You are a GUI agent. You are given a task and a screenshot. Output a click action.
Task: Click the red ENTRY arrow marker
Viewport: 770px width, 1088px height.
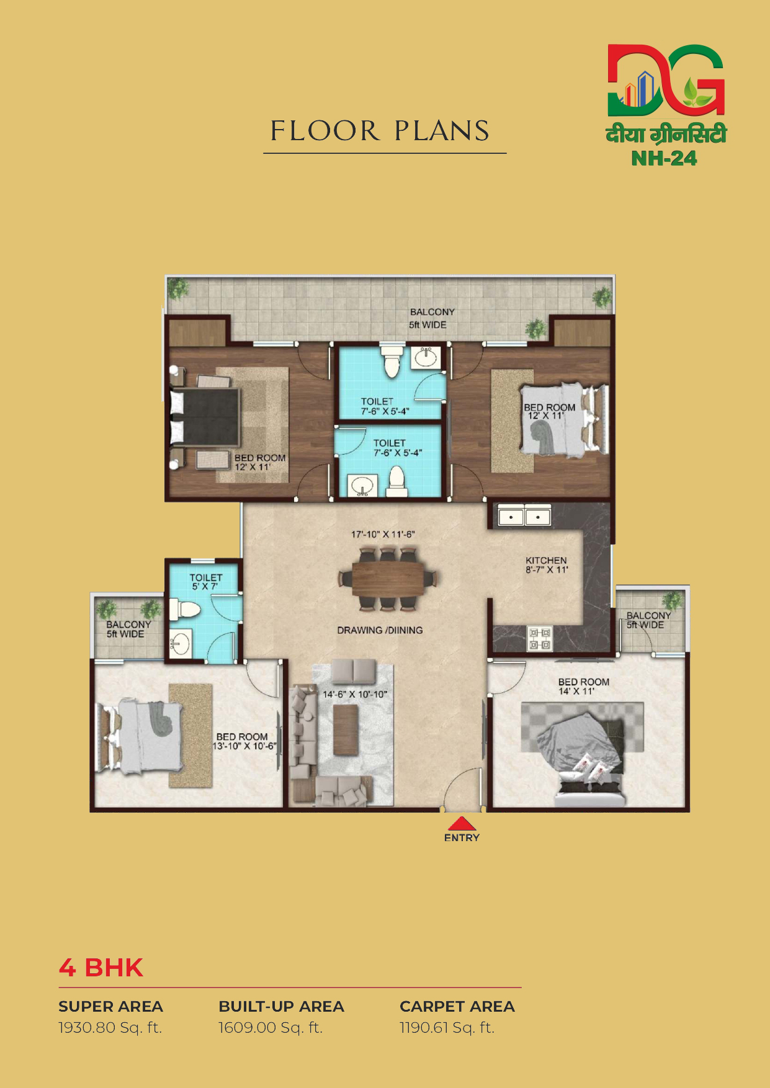tap(462, 823)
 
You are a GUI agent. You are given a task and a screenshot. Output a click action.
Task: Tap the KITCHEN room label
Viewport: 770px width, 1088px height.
tap(546, 560)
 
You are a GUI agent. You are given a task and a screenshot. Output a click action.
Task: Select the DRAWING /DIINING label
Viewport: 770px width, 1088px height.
tap(380, 630)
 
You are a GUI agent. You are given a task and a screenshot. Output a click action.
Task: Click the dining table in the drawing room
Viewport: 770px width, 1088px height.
tap(388, 578)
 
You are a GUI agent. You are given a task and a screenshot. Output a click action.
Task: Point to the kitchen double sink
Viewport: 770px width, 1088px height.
tap(525, 515)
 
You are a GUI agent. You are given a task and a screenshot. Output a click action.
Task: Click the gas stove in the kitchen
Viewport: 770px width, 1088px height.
tap(539, 639)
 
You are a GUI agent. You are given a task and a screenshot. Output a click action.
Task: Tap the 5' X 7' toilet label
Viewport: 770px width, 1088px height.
tap(205, 586)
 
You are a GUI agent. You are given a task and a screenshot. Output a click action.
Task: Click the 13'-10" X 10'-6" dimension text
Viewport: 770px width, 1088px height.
tap(244, 746)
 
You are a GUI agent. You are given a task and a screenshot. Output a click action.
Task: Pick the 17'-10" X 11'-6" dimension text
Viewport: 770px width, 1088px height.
tap(383, 534)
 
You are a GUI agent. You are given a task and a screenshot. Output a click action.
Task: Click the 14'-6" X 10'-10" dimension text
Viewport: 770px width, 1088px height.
tap(355, 694)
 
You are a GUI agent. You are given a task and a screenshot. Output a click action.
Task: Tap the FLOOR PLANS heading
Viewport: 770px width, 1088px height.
tap(380, 131)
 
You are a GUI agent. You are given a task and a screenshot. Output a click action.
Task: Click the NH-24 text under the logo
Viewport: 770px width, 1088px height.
tap(664, 158)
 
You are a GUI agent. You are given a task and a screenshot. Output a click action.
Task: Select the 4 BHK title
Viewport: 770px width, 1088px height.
tap(101, 968)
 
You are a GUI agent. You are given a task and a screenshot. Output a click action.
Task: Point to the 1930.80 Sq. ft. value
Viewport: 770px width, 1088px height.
tap(110, 1028)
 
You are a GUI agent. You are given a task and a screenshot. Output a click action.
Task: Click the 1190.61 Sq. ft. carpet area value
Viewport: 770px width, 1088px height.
tap(447, 1028)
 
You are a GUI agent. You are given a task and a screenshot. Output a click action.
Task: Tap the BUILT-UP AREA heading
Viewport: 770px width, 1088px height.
tap(281, 1006)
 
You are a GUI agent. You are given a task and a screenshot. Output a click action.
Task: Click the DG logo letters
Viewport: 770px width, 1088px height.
tap(666, 80)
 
